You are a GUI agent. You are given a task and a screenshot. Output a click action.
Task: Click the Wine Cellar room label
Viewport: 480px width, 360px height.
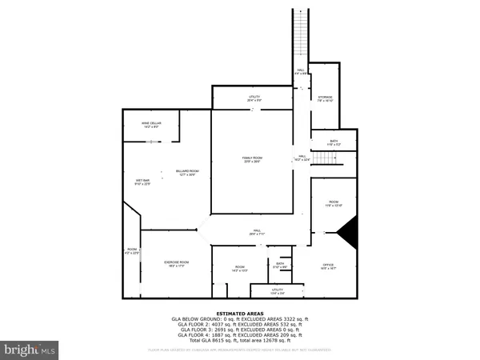coord(152,124)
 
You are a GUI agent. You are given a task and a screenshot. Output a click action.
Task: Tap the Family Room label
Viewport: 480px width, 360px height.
coord(253,159)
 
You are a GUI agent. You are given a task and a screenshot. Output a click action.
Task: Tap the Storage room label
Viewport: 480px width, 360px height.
coord(325,98)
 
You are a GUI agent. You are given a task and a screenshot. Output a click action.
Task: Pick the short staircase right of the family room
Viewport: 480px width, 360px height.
coord(325,157)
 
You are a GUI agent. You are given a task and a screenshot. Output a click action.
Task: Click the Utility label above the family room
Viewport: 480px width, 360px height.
coord(254,98)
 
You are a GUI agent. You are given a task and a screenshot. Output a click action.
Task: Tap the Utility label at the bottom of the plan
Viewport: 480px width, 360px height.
coord(277,292)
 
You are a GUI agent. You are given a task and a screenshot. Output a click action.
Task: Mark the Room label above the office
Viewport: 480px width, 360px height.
coord(334,203)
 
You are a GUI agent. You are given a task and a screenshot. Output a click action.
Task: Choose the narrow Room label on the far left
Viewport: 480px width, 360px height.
coord(132,252)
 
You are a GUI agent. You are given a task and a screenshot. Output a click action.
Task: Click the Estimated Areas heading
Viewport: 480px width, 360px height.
coord(239,314)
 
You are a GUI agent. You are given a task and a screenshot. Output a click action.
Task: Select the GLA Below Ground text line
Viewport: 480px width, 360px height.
coord(239,319)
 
